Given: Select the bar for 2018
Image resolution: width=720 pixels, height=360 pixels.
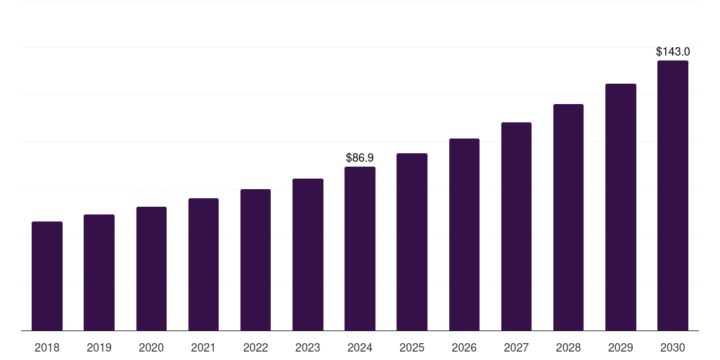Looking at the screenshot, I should click(x=47, y=276).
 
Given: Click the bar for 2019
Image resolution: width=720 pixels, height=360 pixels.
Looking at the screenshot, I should click(x=99, y=273).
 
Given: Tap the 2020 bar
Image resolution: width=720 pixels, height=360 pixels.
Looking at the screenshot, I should click(x=151, y=269).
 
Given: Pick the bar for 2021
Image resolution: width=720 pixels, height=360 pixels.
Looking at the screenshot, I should click(x=203, y=264).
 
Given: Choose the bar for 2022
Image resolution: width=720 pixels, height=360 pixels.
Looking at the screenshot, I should click(x=255, y=260).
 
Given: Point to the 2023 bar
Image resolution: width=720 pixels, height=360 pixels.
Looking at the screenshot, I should click(x=308, y=255).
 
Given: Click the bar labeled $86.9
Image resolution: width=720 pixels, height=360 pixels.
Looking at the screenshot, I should click(x=360, y=249).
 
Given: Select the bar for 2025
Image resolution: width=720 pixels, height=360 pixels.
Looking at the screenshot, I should click(x=412, y=242).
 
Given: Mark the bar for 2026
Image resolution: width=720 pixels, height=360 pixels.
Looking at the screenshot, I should click(x=464, y=235).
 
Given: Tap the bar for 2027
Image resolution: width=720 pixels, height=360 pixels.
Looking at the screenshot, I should click(x=516, y=226).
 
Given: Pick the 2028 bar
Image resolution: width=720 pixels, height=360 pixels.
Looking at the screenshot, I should click(x=568, y=217).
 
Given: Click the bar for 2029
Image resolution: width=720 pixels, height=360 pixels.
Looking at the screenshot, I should click(x=621, y=207).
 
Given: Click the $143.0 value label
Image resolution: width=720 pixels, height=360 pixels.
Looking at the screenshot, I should click(x=673, y=51).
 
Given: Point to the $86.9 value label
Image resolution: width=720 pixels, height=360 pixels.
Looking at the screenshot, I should click(x=360, y=158).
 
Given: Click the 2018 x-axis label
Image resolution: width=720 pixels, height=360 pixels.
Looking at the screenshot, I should click(x=47, y=347).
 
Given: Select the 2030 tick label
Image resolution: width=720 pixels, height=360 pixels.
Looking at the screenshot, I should click(x=673, y=347).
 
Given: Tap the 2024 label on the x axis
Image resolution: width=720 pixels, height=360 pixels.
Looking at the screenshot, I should click(x=360, y=347).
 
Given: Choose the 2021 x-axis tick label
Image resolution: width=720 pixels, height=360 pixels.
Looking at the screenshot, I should click(x=203, y=347).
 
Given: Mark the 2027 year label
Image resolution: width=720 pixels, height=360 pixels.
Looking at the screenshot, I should click(x=516, y=347).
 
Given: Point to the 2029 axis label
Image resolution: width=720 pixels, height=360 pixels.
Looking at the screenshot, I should click(x=621, y=347).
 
